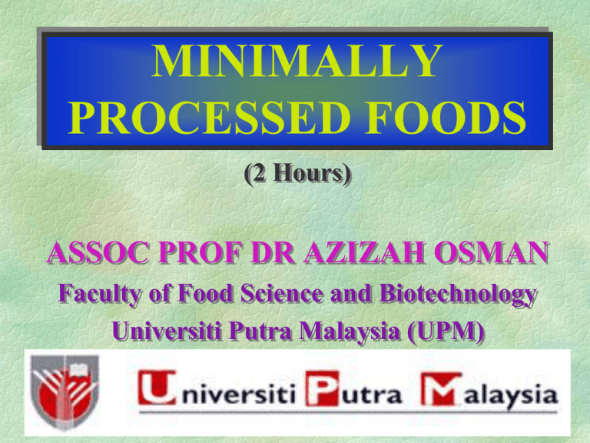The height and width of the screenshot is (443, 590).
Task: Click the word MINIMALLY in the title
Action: coord(297,61)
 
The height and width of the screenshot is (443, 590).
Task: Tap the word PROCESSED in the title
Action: coord(209,118)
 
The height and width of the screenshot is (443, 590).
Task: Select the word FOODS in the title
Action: coord(446,118)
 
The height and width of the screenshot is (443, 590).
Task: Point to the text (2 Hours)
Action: coord(297,174)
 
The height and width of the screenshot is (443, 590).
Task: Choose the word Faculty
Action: coord(100,294)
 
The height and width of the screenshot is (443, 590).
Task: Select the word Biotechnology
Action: coord(459,294)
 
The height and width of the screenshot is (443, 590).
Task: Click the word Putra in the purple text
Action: coord(260,331)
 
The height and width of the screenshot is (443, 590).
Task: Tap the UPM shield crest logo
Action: coord(65,392)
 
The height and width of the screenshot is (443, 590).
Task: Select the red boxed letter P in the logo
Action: coord(322,388)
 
